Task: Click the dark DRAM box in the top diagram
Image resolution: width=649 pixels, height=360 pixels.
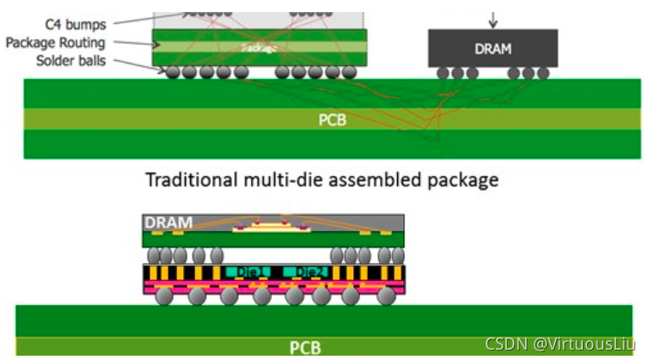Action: point(493,48)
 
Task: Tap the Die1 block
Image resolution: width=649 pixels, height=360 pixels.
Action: point(254,272)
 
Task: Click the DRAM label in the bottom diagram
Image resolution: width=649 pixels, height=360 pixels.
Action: point(168,222)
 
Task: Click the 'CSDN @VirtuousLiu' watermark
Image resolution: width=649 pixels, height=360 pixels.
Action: point(564,344)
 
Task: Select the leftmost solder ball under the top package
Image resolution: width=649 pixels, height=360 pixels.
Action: point(173,72)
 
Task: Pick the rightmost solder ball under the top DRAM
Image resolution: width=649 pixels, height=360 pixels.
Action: point(542,73)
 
